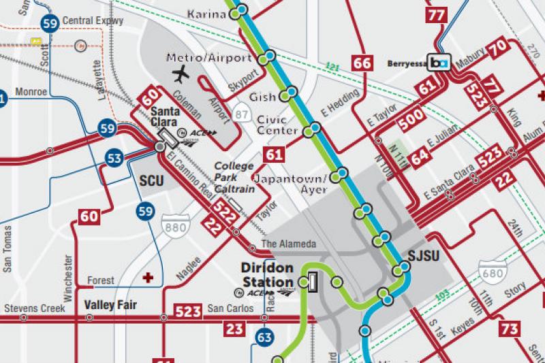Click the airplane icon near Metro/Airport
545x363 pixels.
pyautogui.click(x=181, y=74)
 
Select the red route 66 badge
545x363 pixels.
pyautogui.click(x=362, y=63)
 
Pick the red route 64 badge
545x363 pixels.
pyautogui.click(x=420, y=154)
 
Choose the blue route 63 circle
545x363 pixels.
pyautogui.click(x=264, y=337)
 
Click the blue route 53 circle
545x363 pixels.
pyautogui.click(x=114, y=159)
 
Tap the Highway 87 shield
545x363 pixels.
pyautogui.click(x=240, y=113)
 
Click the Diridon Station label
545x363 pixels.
pyautogui.click(x=268, y=273)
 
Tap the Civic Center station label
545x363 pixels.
pyautogui.click(x=277, y=125)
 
